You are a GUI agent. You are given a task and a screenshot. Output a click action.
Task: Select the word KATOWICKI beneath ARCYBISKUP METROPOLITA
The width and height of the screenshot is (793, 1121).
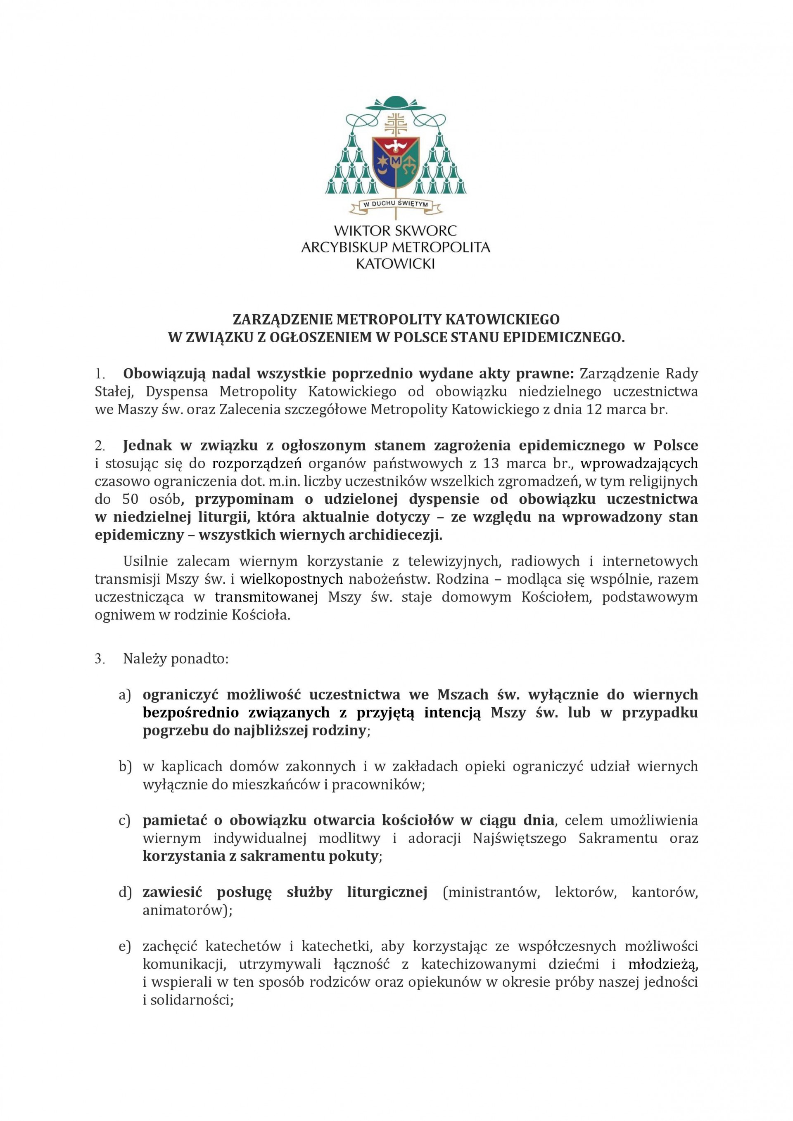[396, 264]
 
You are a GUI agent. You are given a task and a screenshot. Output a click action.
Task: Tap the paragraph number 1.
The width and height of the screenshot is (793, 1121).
[100, 374]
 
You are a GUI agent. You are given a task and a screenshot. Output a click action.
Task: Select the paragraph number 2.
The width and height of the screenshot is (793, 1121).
[100, 446]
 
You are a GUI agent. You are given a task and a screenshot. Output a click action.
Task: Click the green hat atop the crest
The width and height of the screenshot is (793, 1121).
[396, 104]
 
